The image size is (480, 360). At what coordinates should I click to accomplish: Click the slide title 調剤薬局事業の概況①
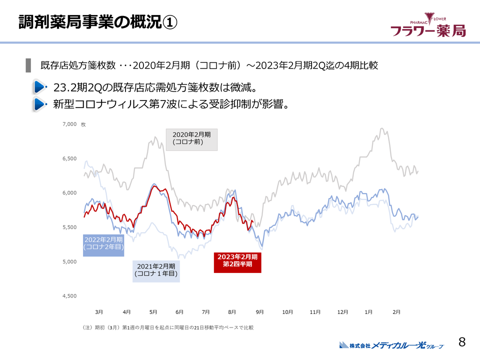97,22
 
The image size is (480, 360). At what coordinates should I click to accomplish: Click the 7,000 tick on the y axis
69,124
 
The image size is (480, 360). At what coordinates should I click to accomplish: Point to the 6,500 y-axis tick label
69,158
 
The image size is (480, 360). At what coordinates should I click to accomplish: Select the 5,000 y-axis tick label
69,261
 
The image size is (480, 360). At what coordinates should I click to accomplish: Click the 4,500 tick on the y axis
69,296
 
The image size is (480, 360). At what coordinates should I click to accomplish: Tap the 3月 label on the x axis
99,312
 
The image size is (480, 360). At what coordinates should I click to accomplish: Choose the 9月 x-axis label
259,312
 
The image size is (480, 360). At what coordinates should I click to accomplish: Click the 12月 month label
342,312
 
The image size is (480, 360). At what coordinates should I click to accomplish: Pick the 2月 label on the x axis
396,312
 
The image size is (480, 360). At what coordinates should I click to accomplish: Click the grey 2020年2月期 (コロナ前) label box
192,138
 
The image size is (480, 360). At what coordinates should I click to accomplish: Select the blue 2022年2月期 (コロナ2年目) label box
103,243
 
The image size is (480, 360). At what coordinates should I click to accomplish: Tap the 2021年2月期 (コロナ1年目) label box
156,270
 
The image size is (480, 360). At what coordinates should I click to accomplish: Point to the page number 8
462,342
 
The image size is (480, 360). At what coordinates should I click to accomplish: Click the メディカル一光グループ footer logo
390,345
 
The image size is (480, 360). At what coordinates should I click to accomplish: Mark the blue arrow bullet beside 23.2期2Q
40,88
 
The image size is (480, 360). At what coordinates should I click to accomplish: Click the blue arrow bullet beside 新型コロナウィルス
40,104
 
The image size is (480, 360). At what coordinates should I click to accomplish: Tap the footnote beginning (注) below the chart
168,328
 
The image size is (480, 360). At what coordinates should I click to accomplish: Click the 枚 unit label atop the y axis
83,124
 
